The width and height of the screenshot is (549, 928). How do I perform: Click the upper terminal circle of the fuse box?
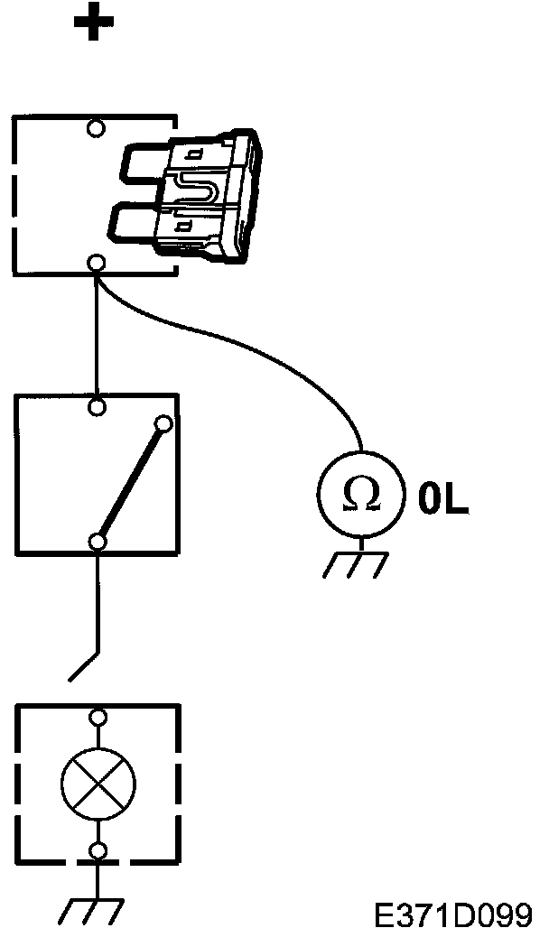(x=96, y=127)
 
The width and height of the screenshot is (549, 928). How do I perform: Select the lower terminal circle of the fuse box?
(x=97, y=264)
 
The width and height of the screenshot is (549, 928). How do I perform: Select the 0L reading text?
(x=442, y=501)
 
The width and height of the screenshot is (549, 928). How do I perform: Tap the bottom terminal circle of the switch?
(x=98, y=541)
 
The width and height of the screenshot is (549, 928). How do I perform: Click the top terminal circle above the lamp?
(x=98, y=718)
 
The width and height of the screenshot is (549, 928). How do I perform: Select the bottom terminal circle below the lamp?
(x=98, y=849)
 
